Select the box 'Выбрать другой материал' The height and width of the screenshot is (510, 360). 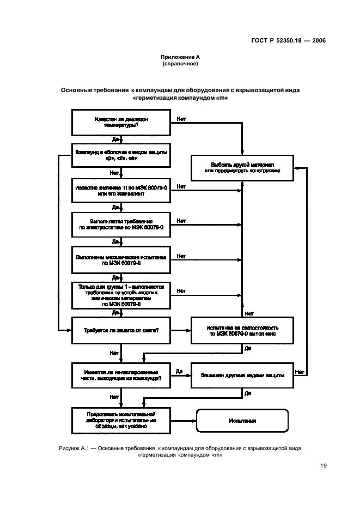click(242, 167)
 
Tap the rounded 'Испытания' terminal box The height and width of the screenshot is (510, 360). click(242, 421)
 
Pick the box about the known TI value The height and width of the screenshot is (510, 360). click(121, 191)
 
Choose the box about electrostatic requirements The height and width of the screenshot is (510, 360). click(121, 224)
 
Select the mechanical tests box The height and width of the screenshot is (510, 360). click(121, 259)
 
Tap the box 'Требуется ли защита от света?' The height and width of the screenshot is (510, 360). click(121, 331)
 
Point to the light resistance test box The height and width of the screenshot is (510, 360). click(242, 331)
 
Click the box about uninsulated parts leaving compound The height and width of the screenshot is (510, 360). click(121, 375)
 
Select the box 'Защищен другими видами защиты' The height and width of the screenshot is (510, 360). click(242, 375)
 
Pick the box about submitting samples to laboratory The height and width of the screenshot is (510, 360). click(121, 421)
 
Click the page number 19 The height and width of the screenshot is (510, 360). click(323, 466)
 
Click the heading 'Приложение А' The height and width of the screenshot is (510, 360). click(180, 57)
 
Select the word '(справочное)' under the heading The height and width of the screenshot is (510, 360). click(180, 64)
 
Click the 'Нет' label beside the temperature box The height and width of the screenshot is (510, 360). click(181, 118)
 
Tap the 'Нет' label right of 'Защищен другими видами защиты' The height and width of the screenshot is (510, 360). click(299, 372)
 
